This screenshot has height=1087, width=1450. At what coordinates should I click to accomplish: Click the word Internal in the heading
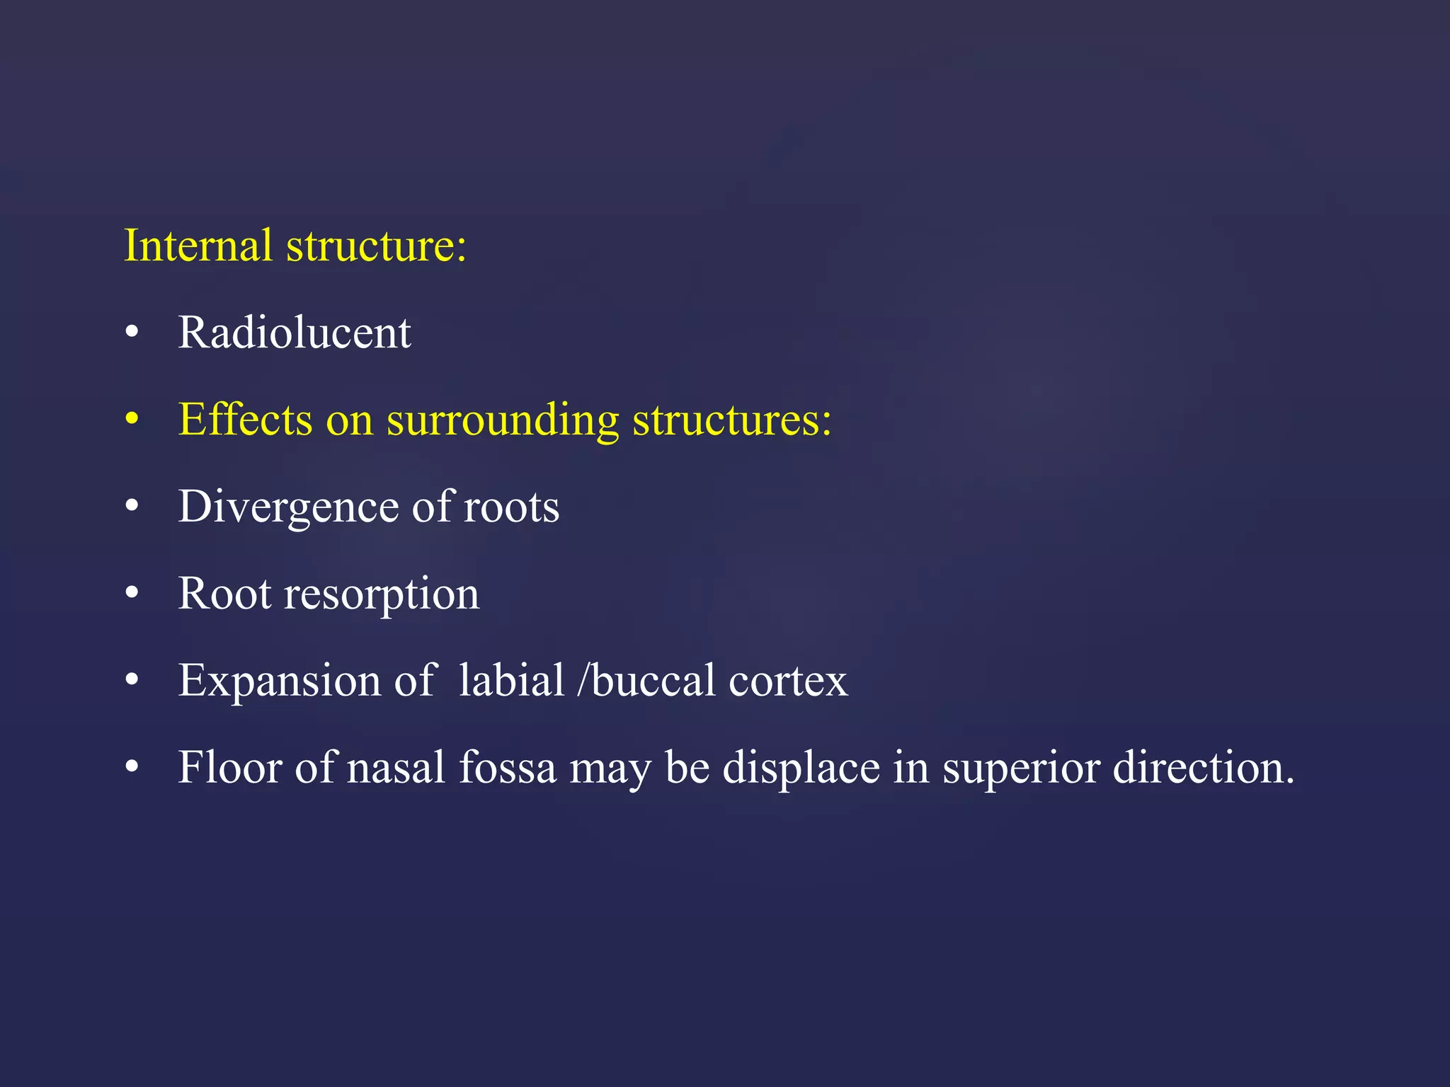[198, 246]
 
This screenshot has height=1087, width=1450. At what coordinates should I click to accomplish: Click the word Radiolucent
[294, 332]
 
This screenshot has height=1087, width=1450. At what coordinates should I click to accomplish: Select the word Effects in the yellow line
[245, 419]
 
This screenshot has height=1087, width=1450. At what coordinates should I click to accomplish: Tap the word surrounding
[503, 420]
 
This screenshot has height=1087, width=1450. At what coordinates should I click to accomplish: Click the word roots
[511, 507]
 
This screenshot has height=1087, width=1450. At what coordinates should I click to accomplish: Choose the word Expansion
[279, 681]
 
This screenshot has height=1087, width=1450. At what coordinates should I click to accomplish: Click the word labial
[511, 681]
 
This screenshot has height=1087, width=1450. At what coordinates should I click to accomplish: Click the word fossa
[508, 767]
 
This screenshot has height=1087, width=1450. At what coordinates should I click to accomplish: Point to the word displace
[801, 767]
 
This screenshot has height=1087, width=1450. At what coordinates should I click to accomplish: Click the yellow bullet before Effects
[132, 419]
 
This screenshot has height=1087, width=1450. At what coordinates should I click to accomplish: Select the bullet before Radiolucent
[132, 333]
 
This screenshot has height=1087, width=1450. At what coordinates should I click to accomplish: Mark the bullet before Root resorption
[132, 593]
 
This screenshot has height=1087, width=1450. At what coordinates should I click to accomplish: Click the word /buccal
[646, 681]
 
